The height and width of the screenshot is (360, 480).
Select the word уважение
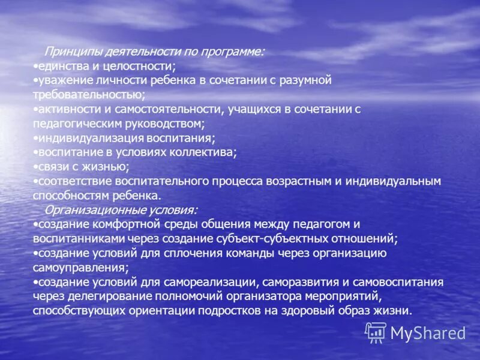tap(63, 80)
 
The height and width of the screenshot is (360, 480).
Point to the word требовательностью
tap(88, 95)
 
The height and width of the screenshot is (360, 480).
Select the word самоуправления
tap(79, 268)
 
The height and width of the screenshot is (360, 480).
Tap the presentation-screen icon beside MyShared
tap(376, 332)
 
